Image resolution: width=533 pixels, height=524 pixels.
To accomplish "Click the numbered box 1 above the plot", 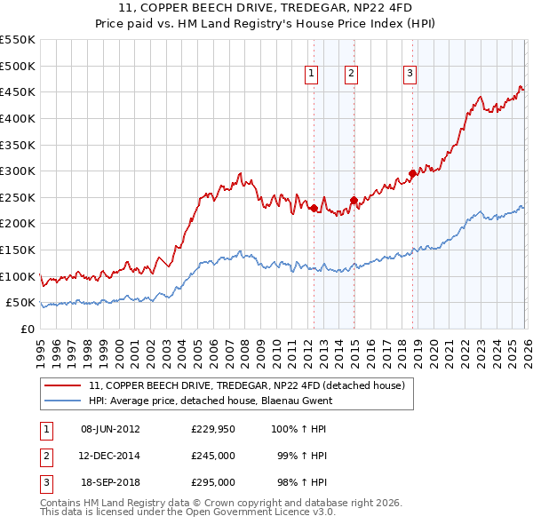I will (313, 75).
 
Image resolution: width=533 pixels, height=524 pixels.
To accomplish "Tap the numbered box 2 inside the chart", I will (352, 75).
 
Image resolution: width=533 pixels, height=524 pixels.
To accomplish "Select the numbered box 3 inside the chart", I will (410, 75).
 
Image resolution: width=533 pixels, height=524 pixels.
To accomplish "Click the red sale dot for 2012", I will (314, 208).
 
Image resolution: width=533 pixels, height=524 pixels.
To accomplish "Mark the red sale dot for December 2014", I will (354, 200).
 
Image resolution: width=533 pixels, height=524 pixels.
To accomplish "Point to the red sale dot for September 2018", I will (412, 174).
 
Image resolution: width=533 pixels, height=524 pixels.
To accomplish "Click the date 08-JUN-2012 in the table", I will (110, 429).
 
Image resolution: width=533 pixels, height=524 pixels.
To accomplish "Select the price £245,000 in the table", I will (213, 456).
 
